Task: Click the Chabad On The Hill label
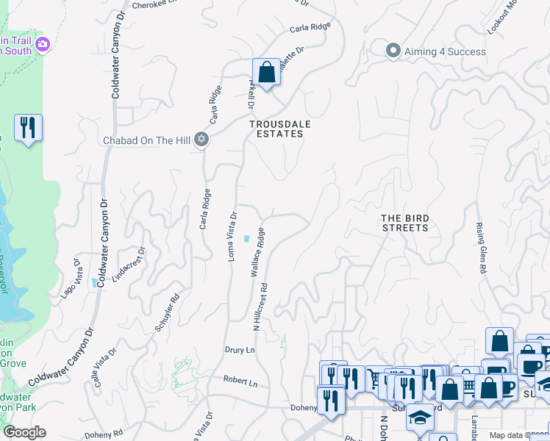click(x=146, y=140)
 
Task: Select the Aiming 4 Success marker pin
click(x=393, y=51)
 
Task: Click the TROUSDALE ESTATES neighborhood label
click(x=276, y=129)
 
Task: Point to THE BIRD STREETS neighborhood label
click(x=404, y=223)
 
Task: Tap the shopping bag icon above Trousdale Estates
click(x=266, y=73)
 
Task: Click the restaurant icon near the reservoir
click(x=28, y=128)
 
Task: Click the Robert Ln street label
click(x=241, y=383)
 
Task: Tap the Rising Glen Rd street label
click(x=481, y=248)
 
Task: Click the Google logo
click(x=24, y=432)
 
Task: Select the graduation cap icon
click(x=420, y=417)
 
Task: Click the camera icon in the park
click(x=43, y=45)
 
